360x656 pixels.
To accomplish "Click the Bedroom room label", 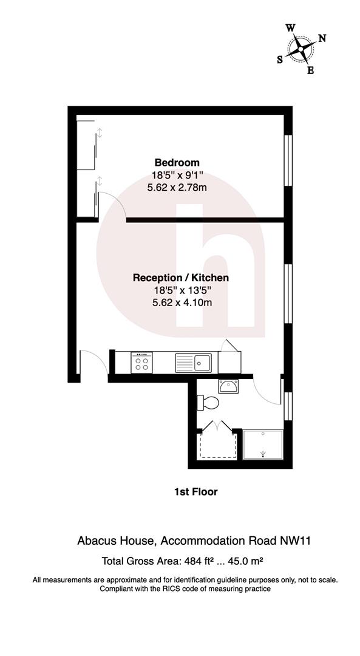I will click(177, 163).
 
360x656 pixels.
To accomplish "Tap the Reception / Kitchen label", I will click(181, 278).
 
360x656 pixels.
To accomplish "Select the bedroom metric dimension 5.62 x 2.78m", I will click(177, 188).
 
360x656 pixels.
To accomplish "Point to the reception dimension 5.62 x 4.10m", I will click(181, 302).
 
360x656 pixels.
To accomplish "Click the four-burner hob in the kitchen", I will click(142, 363).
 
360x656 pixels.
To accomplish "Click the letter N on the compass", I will click(322, 38).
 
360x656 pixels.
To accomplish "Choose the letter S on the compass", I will click(280, 60).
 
